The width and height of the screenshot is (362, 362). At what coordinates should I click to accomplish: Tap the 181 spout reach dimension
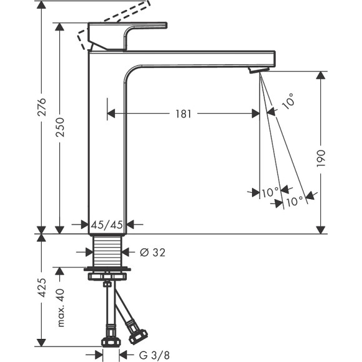coord(183,114)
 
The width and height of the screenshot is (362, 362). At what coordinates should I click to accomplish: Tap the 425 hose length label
coord(41,289)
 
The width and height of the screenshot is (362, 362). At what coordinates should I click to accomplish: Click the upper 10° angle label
coord(288,102)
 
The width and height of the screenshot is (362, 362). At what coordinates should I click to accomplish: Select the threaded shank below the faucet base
coord(109,252)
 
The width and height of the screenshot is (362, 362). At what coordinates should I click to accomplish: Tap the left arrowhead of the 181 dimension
coord(112,114)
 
